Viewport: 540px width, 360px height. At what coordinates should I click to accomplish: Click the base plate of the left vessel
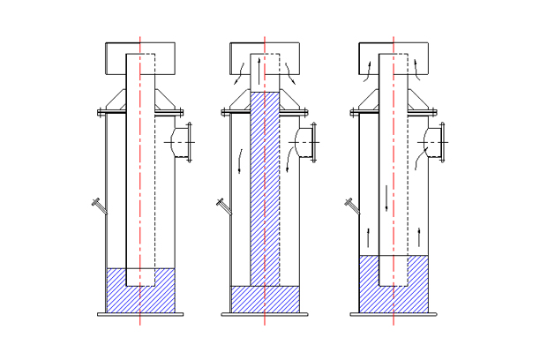tap(139, 314)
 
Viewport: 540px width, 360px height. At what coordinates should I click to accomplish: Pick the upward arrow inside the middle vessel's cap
tap(259, 64)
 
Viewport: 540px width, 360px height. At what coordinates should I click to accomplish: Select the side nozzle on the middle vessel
tap(307, 143)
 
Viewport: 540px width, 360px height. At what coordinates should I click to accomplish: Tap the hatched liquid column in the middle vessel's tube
tap(265, 185)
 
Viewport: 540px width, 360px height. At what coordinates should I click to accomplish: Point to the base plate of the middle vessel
tap(265, 314)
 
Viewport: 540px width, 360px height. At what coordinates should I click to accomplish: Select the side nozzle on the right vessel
tap(436, 143)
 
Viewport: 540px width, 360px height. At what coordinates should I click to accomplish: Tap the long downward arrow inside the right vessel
tap(386, 199)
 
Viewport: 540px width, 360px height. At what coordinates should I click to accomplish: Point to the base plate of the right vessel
tap(394, 314)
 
